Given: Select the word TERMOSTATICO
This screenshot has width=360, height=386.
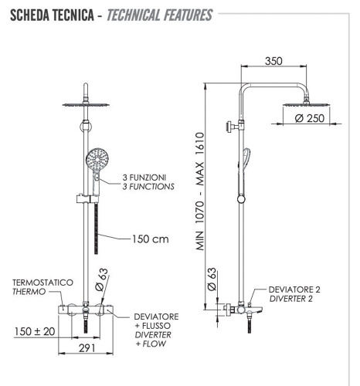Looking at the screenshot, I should pyautogui.click(x=38, y=282).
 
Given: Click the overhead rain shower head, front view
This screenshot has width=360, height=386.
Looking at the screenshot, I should pyautogui.click(x=92, y=104).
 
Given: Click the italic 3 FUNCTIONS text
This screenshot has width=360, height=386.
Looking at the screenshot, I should pyautogui.click(x=148, y=187).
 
